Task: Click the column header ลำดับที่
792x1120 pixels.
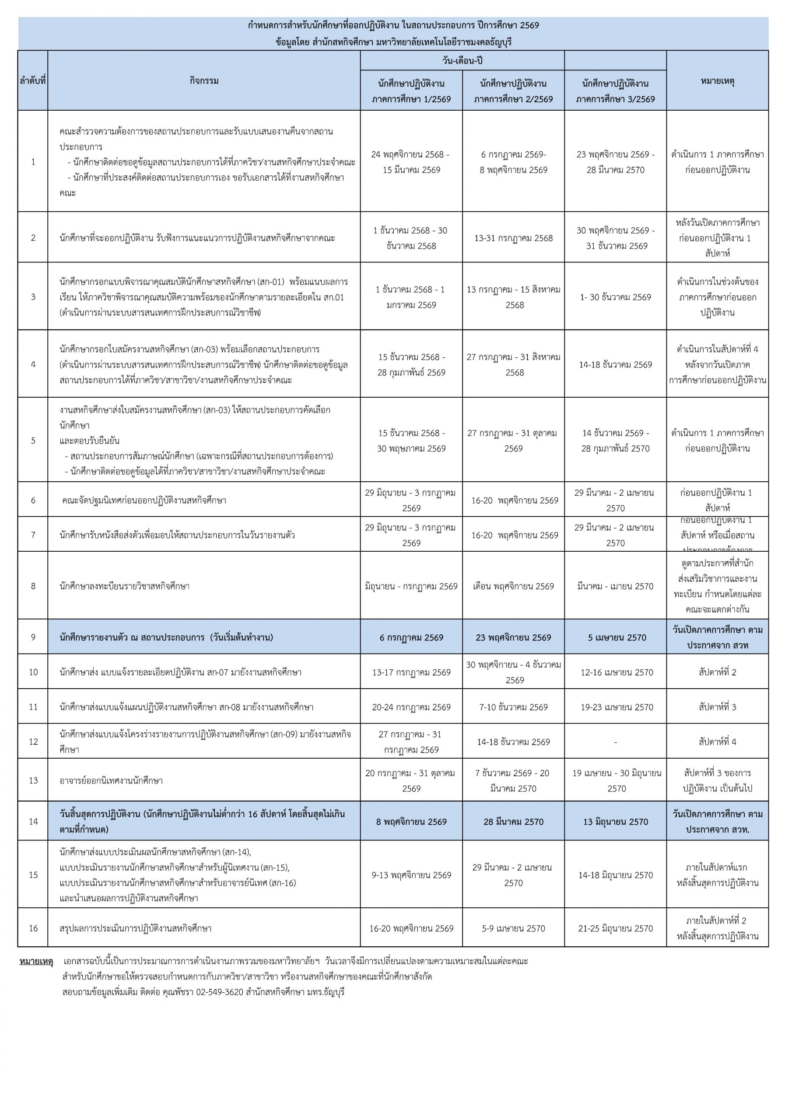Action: point(33,81)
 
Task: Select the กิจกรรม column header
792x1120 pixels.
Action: point(204,81)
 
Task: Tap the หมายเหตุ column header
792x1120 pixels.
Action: point(717,81)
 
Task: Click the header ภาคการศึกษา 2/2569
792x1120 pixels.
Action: point(513,99)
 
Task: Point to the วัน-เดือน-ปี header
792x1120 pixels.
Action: point(462,61)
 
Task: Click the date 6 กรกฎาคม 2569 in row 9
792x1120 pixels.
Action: point(411,637)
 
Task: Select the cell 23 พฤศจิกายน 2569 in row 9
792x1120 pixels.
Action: point(513,637)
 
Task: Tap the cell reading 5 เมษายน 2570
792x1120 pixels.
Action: point(615,637)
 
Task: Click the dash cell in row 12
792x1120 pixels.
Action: point(615,742)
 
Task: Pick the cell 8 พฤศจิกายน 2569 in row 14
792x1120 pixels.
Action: point(411,822)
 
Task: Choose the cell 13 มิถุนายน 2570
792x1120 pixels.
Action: point(615,822)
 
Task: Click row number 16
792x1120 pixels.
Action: point(33,928)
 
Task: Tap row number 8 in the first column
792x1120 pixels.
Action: point(33,586)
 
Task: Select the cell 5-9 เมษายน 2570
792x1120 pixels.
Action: point(513,928)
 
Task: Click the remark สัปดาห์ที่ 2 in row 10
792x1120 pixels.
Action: point(717,672)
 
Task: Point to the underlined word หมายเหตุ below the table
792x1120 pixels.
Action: point(36,962)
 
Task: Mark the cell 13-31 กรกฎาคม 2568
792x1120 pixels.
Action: point(513,238)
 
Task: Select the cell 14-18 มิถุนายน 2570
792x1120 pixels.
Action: point(615,875)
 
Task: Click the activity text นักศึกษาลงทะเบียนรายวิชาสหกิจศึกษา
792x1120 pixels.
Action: point(124,586)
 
